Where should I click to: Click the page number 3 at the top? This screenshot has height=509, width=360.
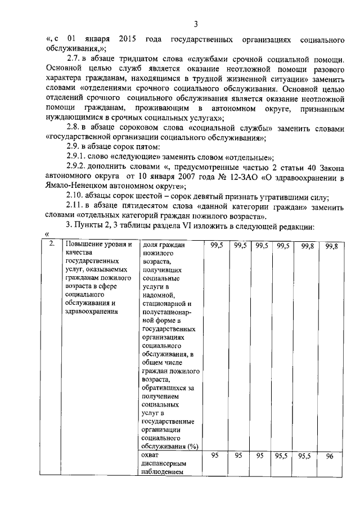point(196,24)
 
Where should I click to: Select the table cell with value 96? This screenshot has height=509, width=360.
point(330,457)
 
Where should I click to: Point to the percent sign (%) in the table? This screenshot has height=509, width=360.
point(194,446)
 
